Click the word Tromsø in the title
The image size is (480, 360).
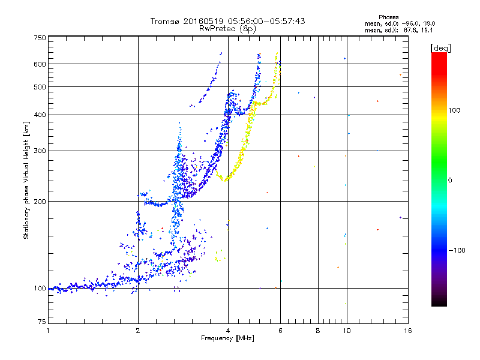point(166,21)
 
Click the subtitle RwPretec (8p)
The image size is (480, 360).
point(227,29)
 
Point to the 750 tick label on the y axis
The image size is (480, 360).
point(40,38)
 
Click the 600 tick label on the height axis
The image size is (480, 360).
point(40,64)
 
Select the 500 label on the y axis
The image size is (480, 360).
point(40,87)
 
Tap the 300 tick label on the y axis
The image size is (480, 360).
point(40,151)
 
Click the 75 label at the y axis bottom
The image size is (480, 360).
point(42,322)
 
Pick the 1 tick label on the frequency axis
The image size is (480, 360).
point(48,331)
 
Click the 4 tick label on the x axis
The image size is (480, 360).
point(228,331)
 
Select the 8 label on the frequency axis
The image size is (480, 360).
point(318,331)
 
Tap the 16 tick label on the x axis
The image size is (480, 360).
point(408,331)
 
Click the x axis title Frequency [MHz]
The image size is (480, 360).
point(227,338)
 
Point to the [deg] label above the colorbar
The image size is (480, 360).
point(440,48)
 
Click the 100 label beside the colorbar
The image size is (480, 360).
point(454,110)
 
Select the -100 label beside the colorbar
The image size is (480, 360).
point(457,250)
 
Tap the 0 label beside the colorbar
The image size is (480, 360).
point(450,181)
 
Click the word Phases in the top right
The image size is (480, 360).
point(388,17)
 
